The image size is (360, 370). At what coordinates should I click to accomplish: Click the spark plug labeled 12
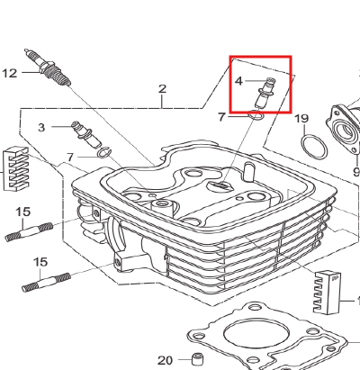point(48,68)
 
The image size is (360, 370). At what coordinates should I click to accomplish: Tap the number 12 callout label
point(10,73)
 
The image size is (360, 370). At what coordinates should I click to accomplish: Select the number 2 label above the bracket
point(162,89)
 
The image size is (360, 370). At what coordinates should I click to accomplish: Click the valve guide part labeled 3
point(85,134)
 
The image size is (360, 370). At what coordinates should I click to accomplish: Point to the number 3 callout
point(41,128)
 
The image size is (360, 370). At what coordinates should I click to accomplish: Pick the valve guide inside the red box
point(265,93)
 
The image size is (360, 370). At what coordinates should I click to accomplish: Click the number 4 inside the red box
point(238,81)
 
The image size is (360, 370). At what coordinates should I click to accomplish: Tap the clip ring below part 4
point(256,115)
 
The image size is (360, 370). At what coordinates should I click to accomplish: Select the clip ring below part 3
point(104,152)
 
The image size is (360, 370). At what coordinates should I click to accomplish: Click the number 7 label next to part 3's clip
point(70,157)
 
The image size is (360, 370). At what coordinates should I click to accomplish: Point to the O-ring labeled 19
point(314,147)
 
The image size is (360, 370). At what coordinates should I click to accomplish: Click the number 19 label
point(301,119)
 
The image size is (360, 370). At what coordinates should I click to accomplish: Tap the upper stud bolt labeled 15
point(29,231)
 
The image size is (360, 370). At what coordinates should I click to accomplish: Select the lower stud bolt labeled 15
point(47,283)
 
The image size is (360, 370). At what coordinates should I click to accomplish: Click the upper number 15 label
point(23,212)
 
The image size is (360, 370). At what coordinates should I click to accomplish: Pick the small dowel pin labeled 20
point(197,359)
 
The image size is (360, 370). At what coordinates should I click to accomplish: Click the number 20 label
point(166,360)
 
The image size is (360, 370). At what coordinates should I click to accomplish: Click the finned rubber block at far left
point(15,168)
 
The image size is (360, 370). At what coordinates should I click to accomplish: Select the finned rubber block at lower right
point(327,293)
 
